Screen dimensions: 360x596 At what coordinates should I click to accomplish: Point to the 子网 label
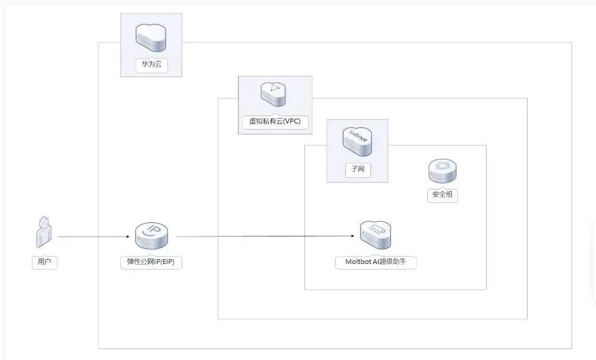(x=358, y=169)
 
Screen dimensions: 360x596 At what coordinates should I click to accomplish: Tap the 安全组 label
(x=442, y=196)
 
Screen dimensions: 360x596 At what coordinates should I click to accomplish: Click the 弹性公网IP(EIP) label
(x=151, y=262)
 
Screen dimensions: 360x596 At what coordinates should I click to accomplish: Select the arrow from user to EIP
(x=95, y=237)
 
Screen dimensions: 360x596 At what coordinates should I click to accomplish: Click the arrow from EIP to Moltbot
(x=263, y=237)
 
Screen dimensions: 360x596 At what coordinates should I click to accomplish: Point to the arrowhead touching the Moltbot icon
(x=354, y=237)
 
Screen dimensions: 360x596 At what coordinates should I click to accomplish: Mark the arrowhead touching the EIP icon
(x=131, y=237)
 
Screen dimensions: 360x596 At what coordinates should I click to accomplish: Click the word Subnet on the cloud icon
(x=358, y=135)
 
